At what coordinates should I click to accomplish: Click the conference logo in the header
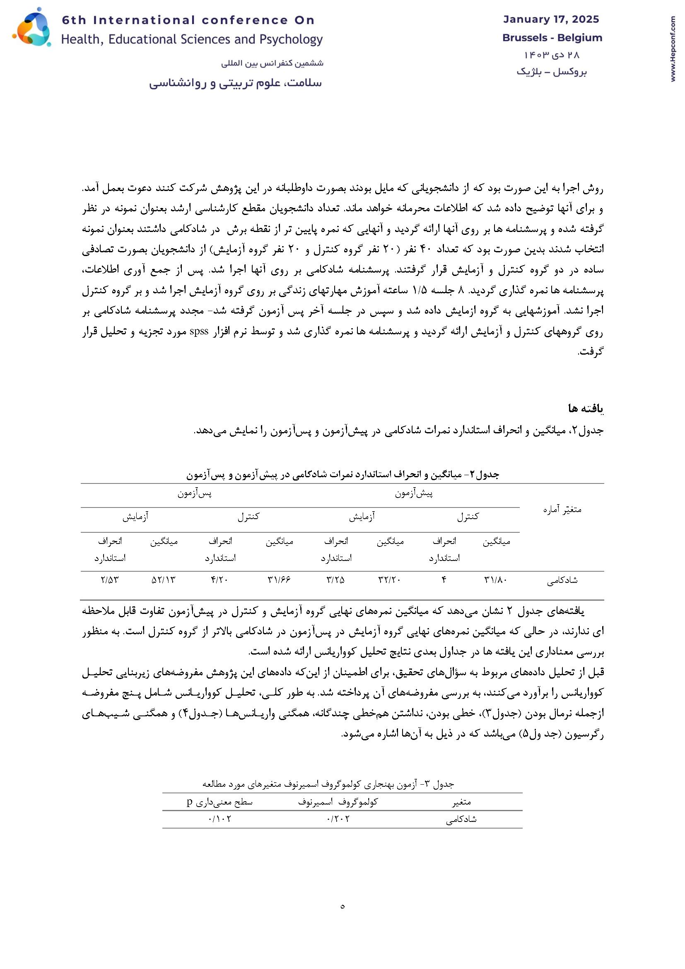32,27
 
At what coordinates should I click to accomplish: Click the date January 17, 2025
551,19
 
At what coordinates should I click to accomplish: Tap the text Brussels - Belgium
552,38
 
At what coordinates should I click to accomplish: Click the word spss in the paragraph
199,331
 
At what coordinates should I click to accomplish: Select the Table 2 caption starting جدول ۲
342,475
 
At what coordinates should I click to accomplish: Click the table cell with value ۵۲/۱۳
163,580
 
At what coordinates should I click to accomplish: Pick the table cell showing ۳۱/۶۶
279,580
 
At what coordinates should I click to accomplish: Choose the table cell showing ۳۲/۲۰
390,580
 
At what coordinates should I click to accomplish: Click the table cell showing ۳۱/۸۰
496,580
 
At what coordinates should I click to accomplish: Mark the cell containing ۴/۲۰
219,580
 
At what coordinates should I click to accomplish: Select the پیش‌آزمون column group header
414,493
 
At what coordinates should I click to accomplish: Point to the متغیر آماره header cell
562,510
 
